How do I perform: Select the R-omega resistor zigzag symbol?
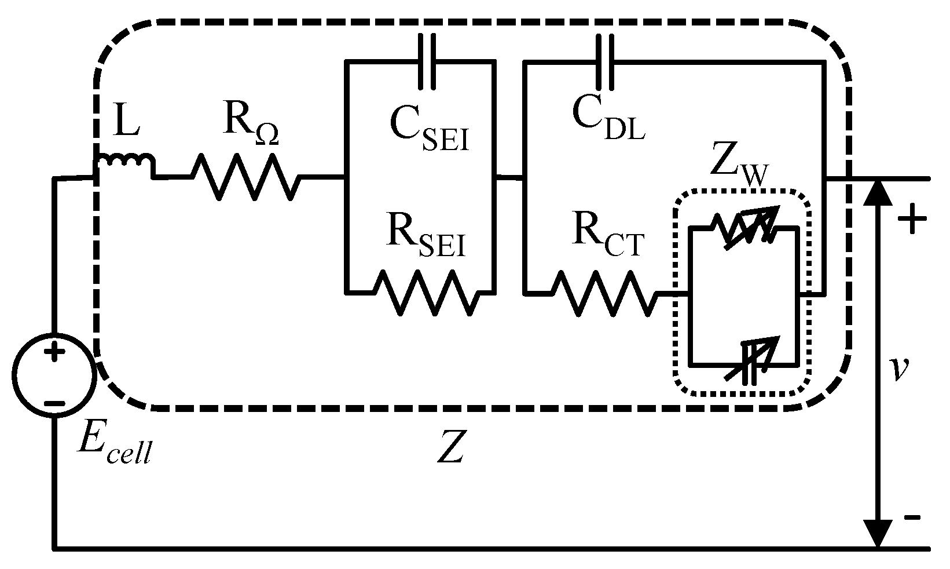click(247, 177)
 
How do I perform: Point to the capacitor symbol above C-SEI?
click(428, 61)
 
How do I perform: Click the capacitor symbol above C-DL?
click(606, 61)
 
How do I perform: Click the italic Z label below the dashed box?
click(451, 447)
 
